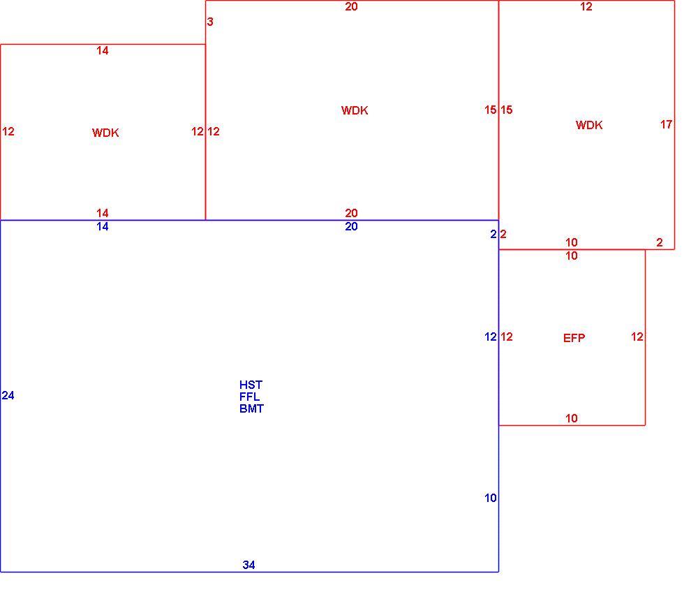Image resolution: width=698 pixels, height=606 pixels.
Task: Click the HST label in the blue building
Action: tap(251, 385)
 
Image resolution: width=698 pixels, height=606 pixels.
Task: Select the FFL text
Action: tap(249, 397)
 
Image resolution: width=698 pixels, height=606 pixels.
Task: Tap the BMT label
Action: tap(251, 408)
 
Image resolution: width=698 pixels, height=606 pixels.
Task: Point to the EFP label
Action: tap(574, 339)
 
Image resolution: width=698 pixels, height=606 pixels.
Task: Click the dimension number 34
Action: tap(249, 565)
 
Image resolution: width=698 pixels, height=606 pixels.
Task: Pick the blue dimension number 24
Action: tap(8, 395)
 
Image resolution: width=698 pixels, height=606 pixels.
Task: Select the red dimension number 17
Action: tap(666, 125)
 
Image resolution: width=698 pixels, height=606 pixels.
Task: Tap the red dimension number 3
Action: tap(210, 22)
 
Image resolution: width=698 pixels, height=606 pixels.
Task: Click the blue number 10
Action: tap(491, 498)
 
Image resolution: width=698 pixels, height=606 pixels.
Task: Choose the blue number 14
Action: tap(103, 227)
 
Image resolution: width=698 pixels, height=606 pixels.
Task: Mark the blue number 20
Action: tap(351, 227)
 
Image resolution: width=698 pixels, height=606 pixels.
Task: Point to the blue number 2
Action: tap(493, 234)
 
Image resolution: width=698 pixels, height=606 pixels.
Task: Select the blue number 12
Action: tap(491, 337)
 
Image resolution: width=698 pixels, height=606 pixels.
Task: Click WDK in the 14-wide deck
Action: tap(105, 133)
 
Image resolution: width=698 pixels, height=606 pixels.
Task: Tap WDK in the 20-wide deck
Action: tap(355, 110)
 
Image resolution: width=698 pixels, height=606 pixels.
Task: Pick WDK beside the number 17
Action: tap(589, 125)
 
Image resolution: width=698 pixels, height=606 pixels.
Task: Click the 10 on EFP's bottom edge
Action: tap(572, 419)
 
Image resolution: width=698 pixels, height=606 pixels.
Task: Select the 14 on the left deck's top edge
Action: tap(103, 51)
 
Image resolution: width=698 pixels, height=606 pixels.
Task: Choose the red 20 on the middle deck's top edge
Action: tap(351, 7)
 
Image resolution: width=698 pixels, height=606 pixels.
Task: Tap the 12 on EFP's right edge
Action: tap(637, 337)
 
